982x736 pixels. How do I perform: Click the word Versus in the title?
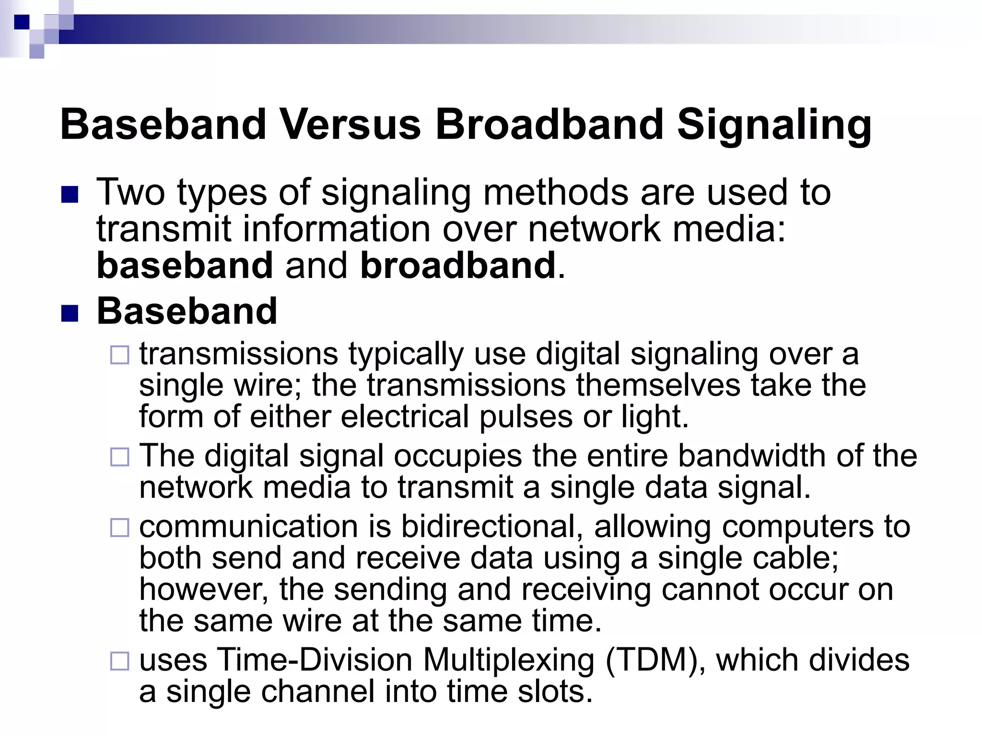(350, 125)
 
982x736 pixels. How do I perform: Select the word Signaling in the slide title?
(774, 126)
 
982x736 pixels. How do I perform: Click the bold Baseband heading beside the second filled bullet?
(187, 311)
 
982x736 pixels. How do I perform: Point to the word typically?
(406, 355)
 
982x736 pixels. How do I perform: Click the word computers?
(798, 527)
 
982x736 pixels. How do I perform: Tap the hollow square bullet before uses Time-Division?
(119, 661)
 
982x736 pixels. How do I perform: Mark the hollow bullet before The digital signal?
(119, 457)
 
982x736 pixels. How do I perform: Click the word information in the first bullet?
(337, 229)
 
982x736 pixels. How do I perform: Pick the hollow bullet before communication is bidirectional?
(119, 528)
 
